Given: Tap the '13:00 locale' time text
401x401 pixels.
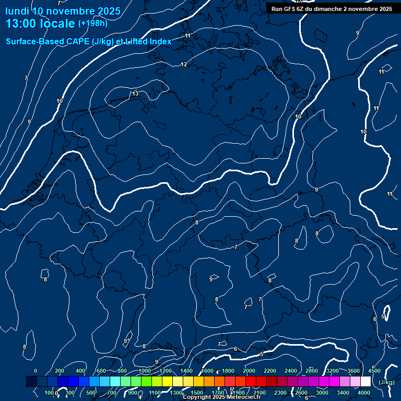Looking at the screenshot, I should pyautogui.click(x=40, y=23).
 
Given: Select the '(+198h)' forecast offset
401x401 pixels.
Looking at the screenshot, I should pyautogui.click(x=92, y=23).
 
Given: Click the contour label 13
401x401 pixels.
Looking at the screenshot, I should pyautogui.click(x=135, y=93).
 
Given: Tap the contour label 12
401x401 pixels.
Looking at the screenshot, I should pyautogui.click(x=184, y=64).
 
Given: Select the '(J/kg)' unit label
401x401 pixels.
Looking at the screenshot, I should pyautogui.click(x=386, y=382).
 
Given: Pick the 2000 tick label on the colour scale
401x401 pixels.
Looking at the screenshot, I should pyautogui.click(x=249, y=371).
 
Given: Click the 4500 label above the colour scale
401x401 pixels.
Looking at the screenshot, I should pyautogui.click(x=374, y=371).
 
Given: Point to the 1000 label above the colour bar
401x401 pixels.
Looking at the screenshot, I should pyautogui.click(x=145, y=371).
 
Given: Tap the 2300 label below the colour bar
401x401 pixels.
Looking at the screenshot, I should pyautogui.click(x=280, y=393).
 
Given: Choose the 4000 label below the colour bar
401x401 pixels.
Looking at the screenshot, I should pyautogui.click(x=364, y=393).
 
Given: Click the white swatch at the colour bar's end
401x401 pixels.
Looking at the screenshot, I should pyautogui.click(x=365, y=382).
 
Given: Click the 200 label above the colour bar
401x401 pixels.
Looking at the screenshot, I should pyautogui.click(x=60, y=371).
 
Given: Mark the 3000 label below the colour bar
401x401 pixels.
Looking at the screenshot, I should pyautogui.click(x=322, y=393).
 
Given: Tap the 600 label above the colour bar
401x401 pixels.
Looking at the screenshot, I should pyautogui.click(x=101, y=371).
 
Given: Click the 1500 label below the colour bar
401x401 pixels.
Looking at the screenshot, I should pyautogui.click(x=197, y=393).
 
